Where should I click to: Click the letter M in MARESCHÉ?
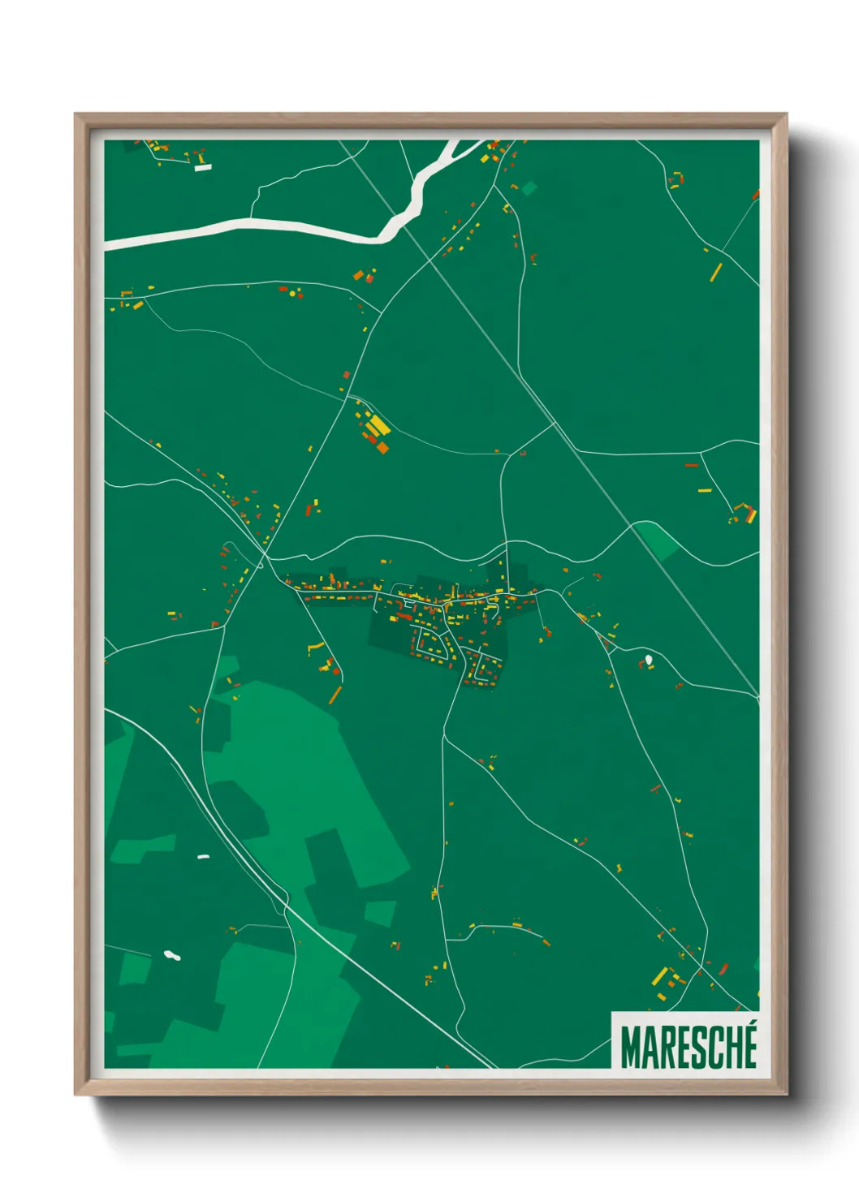tap(631, 1048)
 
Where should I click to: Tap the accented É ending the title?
tap(749, 1046)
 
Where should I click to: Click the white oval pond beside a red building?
tap(648, 659)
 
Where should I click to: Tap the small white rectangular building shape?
tap(203, 167)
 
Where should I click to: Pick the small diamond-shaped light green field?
tap(529, 188)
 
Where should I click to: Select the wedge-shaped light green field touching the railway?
tap(658, 540)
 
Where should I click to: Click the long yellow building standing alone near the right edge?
tap(716, 272)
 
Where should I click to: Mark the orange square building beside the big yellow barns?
tap(382, 446)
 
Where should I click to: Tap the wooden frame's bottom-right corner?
tap(786, 1094)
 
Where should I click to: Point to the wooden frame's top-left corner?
tap(76, 114)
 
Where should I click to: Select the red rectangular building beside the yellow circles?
tap(283, 288)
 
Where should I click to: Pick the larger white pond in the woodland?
tap(171, 954)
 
